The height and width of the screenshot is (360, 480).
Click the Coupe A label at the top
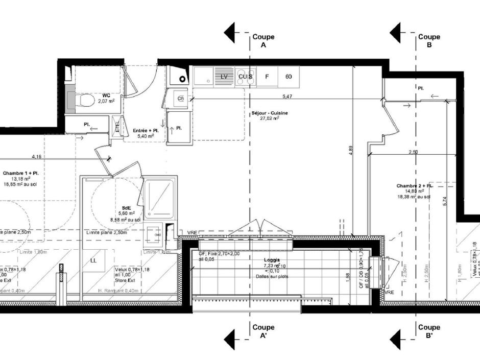[x=263, y=41]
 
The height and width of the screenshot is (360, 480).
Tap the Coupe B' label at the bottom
[x=429, y=331]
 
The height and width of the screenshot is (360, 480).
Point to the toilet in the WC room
[x=84, y=101]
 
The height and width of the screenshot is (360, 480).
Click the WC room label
[x=106, y=95]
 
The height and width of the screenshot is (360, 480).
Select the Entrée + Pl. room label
[x=145, y=131]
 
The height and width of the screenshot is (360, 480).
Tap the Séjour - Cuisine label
[x=269, y=113]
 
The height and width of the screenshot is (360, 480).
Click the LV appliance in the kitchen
[x=224, y=77]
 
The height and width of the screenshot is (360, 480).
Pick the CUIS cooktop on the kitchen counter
[x=245, y=77]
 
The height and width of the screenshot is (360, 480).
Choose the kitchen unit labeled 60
[x=289, y=77]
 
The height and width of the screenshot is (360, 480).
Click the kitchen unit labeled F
[x=267, y=77]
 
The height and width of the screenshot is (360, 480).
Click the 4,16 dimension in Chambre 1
[x=37, y=157]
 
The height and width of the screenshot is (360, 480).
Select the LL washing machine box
[x=94, y=260]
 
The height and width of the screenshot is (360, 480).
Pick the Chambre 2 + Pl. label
[x=414, y=186]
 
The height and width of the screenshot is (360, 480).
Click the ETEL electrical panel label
[x=117, y=126]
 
